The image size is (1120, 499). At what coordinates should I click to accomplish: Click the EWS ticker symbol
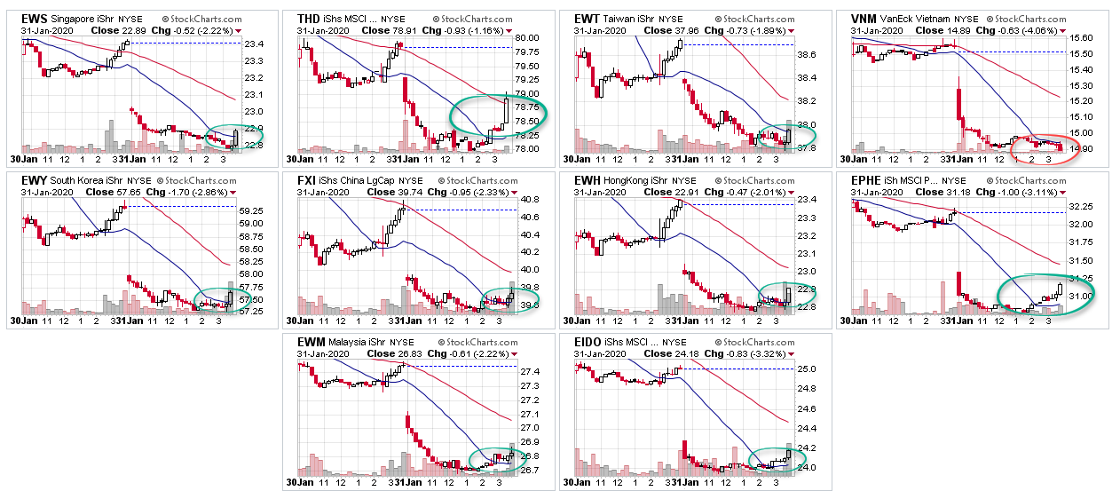click(34, 18)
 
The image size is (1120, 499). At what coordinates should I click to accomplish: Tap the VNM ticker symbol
click(864, 18)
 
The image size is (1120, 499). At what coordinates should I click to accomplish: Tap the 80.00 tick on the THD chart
click(527, 38)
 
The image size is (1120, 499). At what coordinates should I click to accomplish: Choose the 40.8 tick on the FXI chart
click(530, 199)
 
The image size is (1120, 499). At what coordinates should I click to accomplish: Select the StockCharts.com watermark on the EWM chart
click(467, 341)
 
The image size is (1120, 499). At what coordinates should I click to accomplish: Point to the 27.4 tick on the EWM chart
click(529, 371)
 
